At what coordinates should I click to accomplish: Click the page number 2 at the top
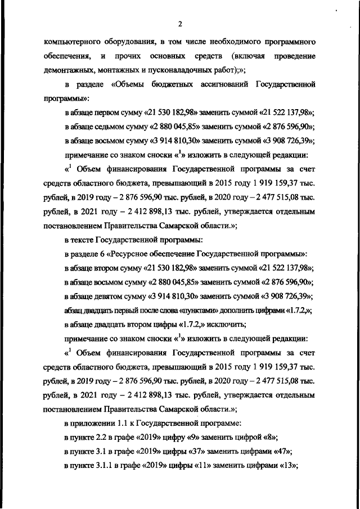tap(180, 24)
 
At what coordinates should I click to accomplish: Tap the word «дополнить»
tap(224, 309)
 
